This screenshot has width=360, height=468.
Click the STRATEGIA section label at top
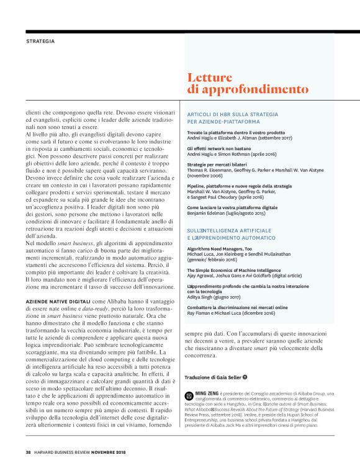[40, 41]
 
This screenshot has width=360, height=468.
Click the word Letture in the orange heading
[211, 78]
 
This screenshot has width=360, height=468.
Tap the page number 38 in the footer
[28, 451]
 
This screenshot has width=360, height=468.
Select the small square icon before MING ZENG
[189, 394]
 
